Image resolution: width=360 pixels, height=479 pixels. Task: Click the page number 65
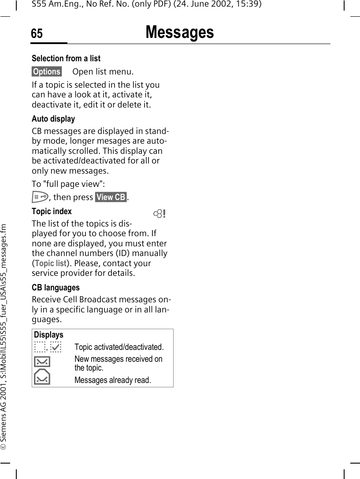[37, 34]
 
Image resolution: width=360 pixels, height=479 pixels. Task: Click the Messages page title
[179, 33]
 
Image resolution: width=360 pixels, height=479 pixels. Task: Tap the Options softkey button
[47, 71]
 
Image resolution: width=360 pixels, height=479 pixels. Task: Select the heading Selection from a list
[66, 58]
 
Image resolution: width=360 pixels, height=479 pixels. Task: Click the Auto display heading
[53, 119]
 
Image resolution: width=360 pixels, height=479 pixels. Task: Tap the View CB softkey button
[111, 197]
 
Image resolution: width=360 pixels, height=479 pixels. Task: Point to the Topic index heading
[52, 212]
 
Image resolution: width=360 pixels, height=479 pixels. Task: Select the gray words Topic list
[50, 263]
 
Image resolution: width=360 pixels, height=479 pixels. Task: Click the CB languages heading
[56, 288]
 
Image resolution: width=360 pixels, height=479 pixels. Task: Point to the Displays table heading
[48, 335]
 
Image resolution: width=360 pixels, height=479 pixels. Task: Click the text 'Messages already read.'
[112, 380]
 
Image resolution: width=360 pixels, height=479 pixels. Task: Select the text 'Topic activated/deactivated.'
[119, 347]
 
